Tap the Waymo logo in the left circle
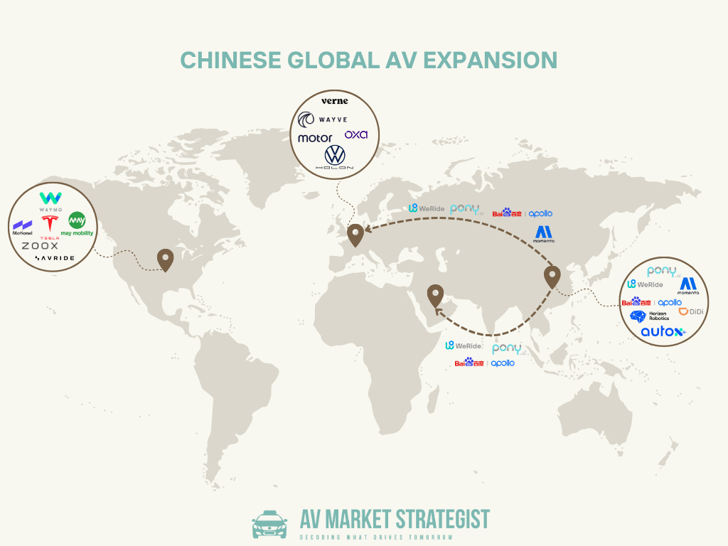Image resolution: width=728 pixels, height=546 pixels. tap(50, 200)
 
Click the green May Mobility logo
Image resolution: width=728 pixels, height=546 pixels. tap(77, 224)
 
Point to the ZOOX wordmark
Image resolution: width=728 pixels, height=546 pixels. tap(40, 245)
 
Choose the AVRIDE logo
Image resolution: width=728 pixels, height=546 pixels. tap(53, 257)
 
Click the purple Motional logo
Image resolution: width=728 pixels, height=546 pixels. tap(23, 227)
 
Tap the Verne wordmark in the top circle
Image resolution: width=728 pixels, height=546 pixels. tap(334, 101)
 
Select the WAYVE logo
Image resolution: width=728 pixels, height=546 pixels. tap(324, 119)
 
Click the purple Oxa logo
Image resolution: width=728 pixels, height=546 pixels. tap(355, 134)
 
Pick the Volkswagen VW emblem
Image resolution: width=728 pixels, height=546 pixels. tap(334, 155)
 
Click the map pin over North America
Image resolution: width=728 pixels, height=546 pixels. tap(166, 259)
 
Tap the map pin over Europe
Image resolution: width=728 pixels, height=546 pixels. tap(355, 233)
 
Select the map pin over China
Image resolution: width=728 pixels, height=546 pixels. tap(552, 276)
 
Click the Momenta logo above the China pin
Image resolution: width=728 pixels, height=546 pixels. tap(544, 234)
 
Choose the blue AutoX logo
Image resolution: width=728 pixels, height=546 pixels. tap(662, 331)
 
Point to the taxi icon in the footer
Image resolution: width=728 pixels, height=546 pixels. tap(269, 524)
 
